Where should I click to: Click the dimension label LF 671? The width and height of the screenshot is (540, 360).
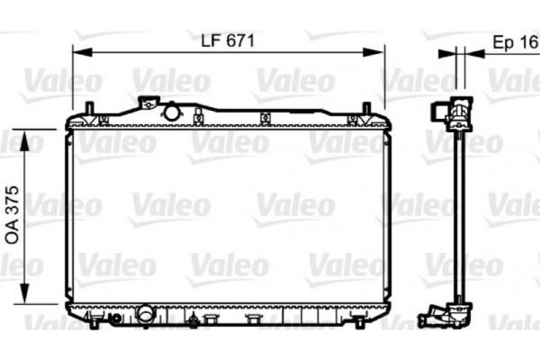tap(229, 40)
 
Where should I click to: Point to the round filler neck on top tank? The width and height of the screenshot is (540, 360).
tap(171, 112)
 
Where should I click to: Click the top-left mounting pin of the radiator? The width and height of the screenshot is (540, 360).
tap(89, 110)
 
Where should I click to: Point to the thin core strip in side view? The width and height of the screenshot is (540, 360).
tap(460, 216)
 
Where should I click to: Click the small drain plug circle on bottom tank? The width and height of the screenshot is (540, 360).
tap(114, 318)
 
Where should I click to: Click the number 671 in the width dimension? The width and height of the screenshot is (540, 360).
tap(239, 40)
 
